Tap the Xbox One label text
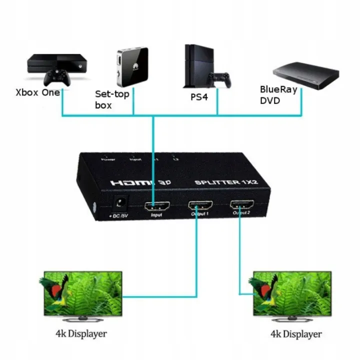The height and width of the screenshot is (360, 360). pyautogui.click(x=37, y=92)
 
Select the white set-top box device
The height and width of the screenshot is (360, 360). pyautogui.click(x=132, y=65)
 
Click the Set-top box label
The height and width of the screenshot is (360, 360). pyautogui.click(x=111, y=99)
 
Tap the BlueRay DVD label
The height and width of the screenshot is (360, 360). pyautogui.click(x=278, y=95)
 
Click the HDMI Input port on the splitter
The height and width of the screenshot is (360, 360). pyautogui.click(x=156, y=206)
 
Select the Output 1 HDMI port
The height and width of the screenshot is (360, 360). pyautogui.click(x=199, y=205)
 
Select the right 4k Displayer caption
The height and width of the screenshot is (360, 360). pyautogui.click(x=290, y=333)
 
